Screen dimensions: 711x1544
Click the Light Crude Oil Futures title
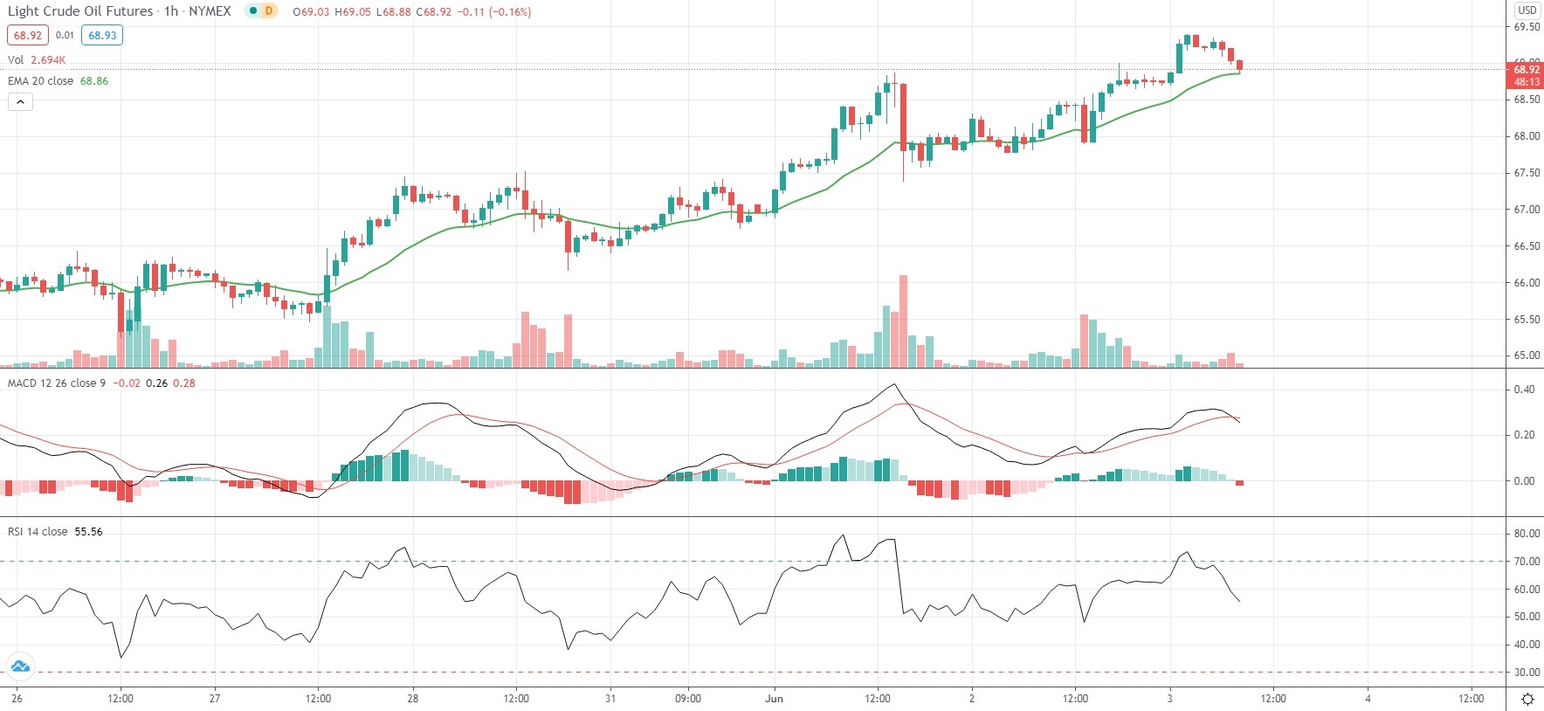click(x=80, y=11)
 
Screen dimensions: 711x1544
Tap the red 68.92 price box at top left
click(x=28, y=36)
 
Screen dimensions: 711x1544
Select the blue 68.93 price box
click(x=102, y=36)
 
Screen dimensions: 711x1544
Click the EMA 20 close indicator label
click(x=41, y=81)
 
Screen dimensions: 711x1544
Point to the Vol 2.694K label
click(x=37, y=60)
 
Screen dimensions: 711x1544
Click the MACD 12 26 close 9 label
click(x=57, y=383)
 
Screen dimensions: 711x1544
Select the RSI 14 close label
click(x=38, y=532)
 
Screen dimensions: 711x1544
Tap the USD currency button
click(x=1527, y=10)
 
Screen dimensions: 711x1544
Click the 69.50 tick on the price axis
click(x=1527, y=27)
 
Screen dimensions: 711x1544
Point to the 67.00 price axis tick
click(x=1527, y=210)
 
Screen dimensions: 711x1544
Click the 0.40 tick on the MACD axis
click(x=1524, y=390)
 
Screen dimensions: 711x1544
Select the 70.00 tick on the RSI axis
click(x=1527, y=562)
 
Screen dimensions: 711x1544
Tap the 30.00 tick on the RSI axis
click(x=1527, y=673)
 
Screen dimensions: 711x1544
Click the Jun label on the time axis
click(x=774, y=699)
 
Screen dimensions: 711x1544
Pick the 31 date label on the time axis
click(x=610, y=699)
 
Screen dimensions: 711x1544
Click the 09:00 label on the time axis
click(x=688, y=699)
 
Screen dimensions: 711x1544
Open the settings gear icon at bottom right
click(x=1527, y=699)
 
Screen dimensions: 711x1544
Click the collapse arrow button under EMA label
click(x=20, y=102)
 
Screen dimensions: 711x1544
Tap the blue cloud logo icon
click(x=19, y=667)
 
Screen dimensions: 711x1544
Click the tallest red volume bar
click(x=903, y=321)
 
